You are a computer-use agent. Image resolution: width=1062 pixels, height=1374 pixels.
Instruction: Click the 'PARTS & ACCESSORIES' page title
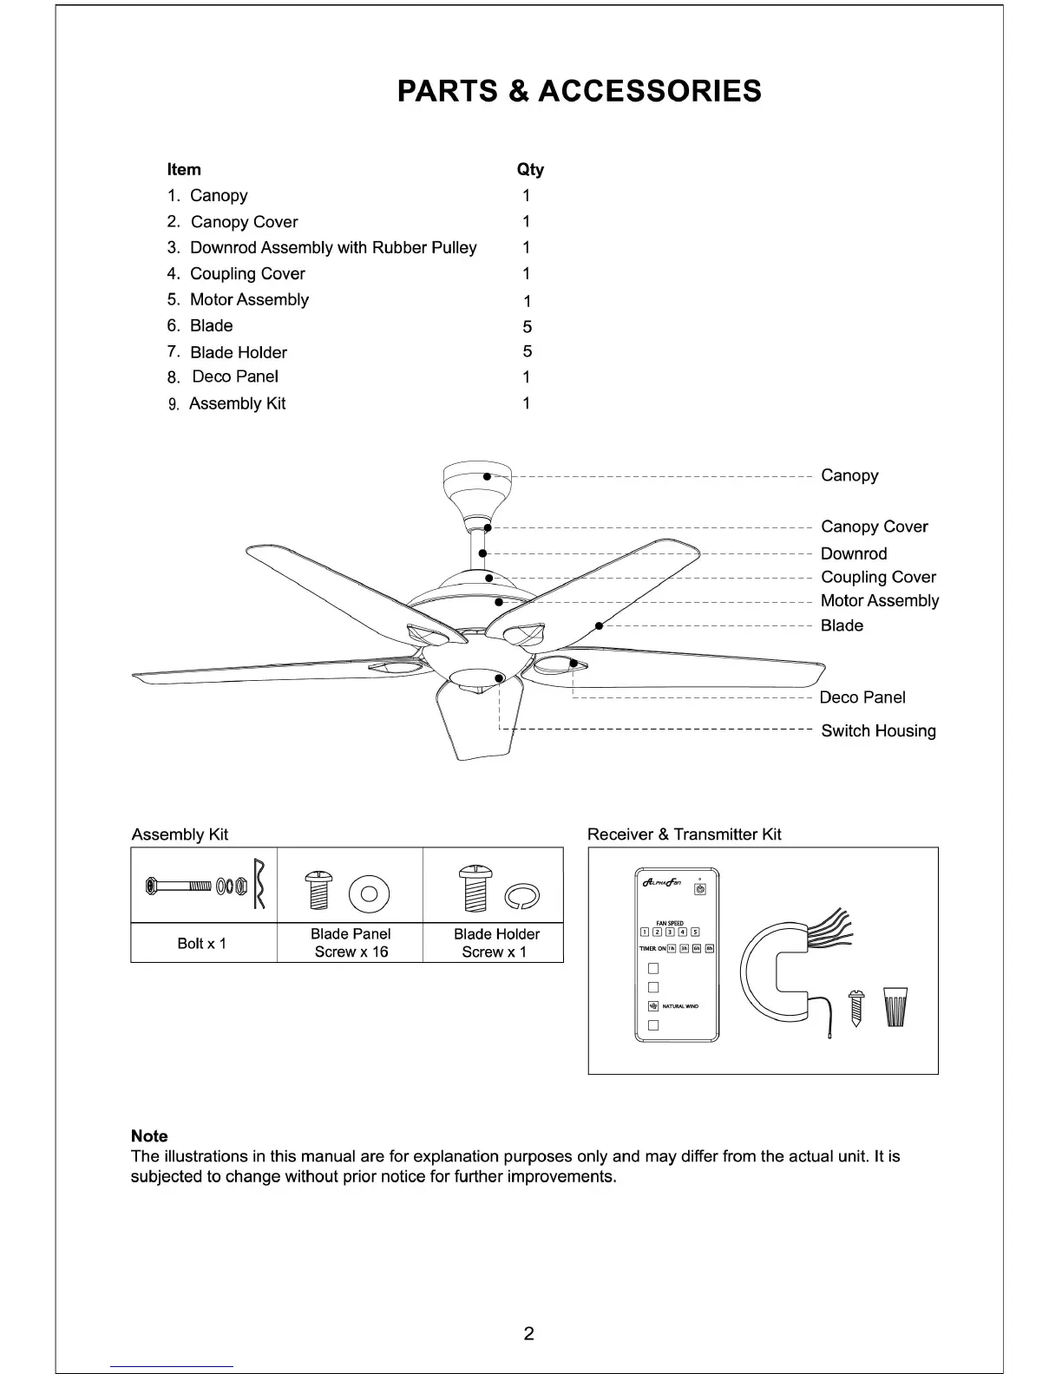pos(579,91)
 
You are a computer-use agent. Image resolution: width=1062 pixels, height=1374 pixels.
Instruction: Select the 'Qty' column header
pos(529,169)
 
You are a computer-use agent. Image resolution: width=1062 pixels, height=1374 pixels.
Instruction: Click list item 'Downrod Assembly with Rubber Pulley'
pos(332,248)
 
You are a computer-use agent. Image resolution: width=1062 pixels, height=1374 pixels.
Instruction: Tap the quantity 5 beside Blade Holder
pos(527,351)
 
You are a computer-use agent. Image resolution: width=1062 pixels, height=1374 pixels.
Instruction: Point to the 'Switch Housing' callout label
pos(878,730)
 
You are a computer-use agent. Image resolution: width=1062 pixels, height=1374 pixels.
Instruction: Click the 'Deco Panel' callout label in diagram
pos(862,697)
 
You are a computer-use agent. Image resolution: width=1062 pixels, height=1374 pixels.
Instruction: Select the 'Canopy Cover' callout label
pos(874,527)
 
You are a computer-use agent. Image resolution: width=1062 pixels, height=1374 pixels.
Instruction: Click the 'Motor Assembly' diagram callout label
pos(879,600)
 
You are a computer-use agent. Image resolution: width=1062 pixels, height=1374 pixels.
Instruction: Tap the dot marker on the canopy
pos(488,476)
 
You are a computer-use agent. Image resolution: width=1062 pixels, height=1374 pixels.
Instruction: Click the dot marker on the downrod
pos(482,553)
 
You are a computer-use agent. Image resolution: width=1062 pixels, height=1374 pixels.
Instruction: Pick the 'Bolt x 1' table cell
pos(202,943)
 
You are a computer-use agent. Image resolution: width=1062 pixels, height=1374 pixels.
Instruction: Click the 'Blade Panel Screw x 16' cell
pos(351,943)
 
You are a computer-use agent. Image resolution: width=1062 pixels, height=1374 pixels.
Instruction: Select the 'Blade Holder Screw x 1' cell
pos(495,943)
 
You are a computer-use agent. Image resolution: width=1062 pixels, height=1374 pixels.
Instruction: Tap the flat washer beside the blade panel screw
pos(369,893)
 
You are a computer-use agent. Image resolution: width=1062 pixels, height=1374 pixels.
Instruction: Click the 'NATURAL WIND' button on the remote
pos(653,1006)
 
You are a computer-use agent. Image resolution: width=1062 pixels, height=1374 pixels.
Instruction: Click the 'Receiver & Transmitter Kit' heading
pos(684,834)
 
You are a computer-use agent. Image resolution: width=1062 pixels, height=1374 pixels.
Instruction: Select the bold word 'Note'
pos(149,1135)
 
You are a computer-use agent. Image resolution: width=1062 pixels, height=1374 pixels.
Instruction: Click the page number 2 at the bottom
pos(528,1333)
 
